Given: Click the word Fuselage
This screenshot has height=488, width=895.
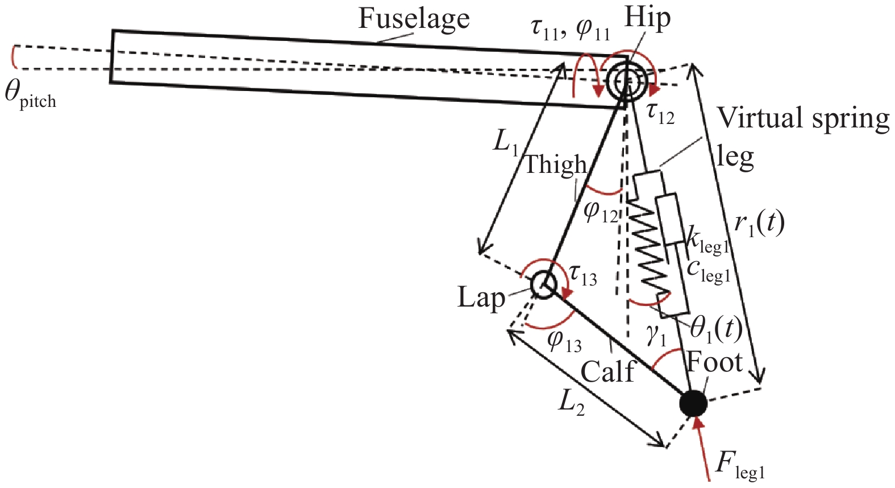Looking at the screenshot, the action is tap(414, 18).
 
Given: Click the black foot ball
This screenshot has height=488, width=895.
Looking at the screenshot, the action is tap(693, 404).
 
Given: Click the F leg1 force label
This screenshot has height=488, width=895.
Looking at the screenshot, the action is tap(740, 467).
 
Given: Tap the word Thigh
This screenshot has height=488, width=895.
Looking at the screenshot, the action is tap(555, 165).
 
